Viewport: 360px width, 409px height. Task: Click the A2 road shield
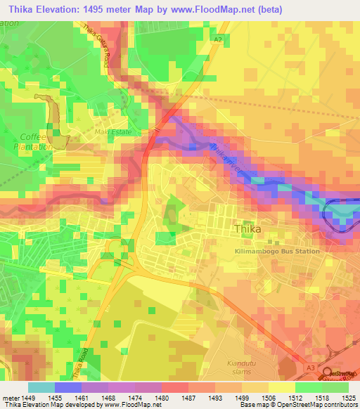(x=219, y=39)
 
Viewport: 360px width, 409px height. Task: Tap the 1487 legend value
(x=174, y=397)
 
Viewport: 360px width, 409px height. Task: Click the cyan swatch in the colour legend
(x=41, y=387)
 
